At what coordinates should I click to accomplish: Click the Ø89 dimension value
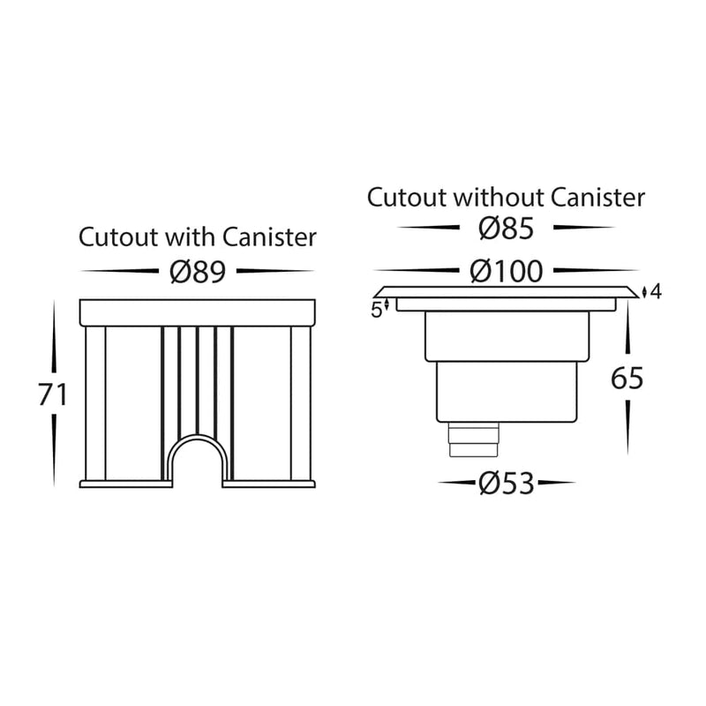pyautogui.click(x=197, y=272)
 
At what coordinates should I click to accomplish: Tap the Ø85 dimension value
pyautogui.click(x=506, y=229)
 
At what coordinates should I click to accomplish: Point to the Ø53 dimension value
pyautogui.click(x=507, y=484)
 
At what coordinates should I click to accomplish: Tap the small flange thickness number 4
pyautogui.click(x=654, y=292)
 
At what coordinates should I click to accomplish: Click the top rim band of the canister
pyautogui.click(x=196, y=310)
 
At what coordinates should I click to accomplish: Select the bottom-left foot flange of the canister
pyautogui.click(x=124, y=484)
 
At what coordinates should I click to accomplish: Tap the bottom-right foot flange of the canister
pyautogui.click(x=268, y=484)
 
